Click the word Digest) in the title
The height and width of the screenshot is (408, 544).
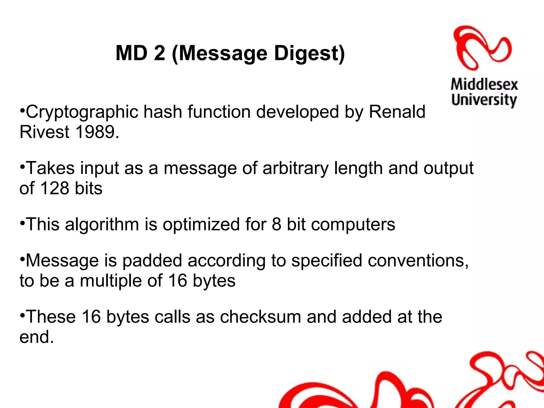click(x=309, y=54)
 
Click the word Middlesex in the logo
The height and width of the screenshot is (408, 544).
click(x=484, y=85)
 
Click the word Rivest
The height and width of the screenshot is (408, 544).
click(x=44, y=132)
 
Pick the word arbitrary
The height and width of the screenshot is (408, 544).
click(x=295, y=168)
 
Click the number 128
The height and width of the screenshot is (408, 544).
click(x=55, y=188)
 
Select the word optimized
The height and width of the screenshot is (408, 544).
click(x=201, y=224)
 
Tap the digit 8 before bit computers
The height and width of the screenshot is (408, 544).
click(x=276, y=224)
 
